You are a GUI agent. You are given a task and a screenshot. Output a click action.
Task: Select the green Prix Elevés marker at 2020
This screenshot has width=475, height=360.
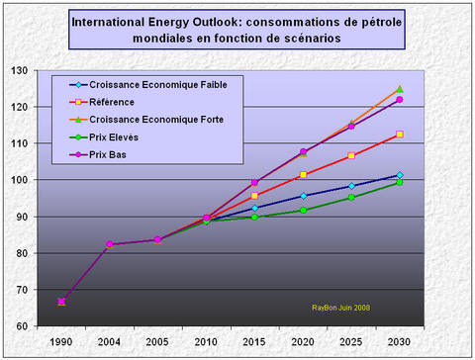pos(303,210)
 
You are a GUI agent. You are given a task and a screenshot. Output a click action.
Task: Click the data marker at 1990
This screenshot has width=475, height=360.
pos(61,302)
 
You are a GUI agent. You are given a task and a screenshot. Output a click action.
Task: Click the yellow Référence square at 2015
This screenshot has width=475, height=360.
pos(254,196)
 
